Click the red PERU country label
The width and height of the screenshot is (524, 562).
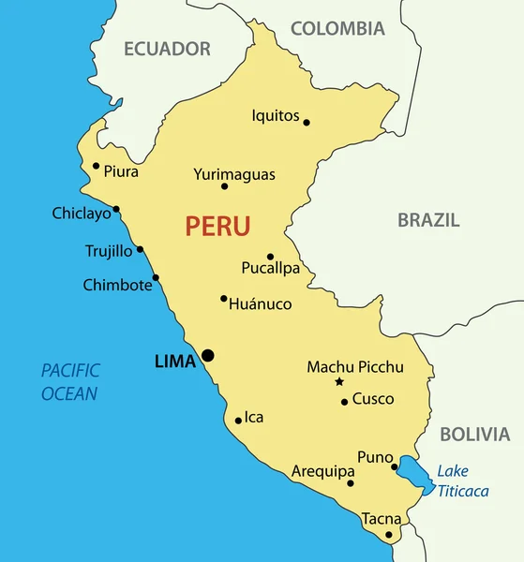click(x=217, y=226)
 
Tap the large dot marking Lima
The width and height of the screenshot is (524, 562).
click(x=207, y=355)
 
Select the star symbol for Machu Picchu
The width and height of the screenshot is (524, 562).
click(x=338, y=382)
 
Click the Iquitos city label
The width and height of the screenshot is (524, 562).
click(x=276, y=116)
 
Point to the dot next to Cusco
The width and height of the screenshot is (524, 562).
click(x=344, y=402)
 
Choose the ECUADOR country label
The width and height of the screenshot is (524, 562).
click(x=168, y=49)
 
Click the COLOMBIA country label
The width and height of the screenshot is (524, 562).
click(x=337, y=29)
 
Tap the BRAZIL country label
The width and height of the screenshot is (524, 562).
click(x=428, y=221)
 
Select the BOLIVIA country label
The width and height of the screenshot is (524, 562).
click(x=475, y=435)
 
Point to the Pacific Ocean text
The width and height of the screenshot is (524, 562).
click(x=70, y=382)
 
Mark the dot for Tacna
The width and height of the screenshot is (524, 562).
click(x=389, y=535)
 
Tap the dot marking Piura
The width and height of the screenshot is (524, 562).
click(x=96, y=166)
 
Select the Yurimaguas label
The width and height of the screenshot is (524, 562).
click(x=234, y=174)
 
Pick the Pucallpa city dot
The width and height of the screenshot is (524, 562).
click(x=270, y=256)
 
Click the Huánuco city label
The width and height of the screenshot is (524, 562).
click(x=261, y=304)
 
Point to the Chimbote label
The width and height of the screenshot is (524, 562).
click(x=117, y=285)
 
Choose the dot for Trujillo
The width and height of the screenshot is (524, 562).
click(x=140, y=249)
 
